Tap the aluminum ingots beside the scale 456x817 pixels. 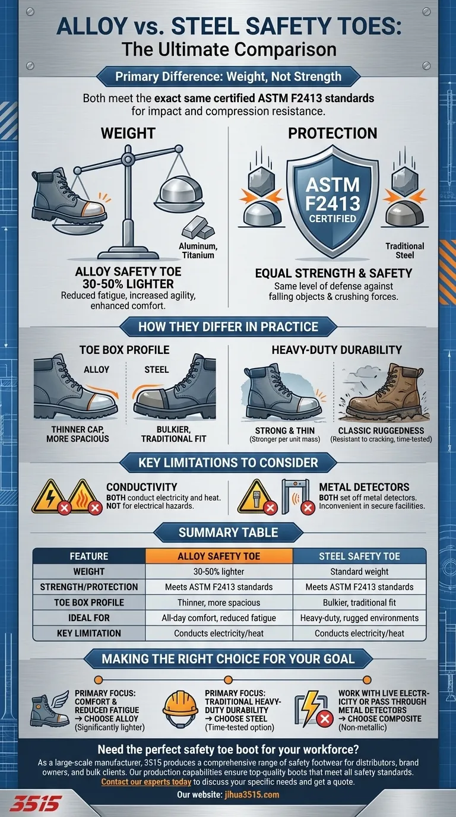coord(198,229)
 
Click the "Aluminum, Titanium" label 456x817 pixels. coord(198,251)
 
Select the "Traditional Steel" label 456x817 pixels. coord(404,251)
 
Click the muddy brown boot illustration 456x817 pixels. coord(383,392)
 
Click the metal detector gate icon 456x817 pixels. coord(296,496)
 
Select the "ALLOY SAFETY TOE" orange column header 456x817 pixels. coord(219,556)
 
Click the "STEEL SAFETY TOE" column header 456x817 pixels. coord(359,556)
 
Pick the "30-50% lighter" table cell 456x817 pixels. coord(219,572)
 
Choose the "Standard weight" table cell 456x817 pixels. coord(359,572)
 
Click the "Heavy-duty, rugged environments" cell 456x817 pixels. coord(359,618)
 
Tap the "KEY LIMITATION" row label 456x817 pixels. coord(89,633)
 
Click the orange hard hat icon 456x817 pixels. coord(180,709)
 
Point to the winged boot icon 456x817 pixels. coord(49,709)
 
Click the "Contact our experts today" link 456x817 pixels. coord(146,782)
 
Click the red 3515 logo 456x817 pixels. coord(36,804)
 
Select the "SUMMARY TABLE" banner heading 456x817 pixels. coord(229,533)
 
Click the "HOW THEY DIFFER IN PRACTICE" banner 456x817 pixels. coord(229,327)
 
